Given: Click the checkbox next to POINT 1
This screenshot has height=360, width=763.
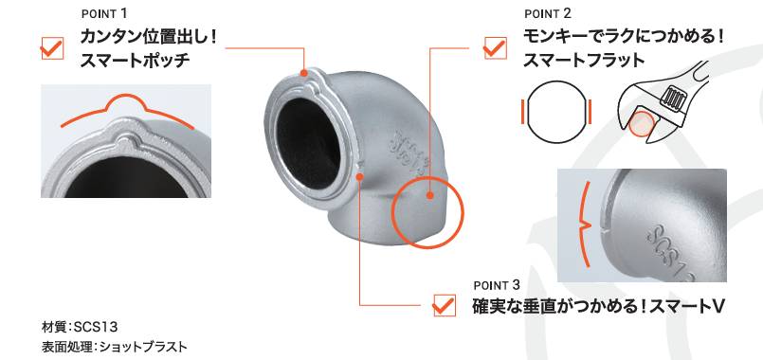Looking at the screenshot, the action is coord(52,48).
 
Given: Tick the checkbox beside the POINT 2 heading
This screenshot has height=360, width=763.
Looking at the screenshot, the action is coord(496,48).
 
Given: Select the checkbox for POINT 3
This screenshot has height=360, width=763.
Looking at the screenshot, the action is coord(444,305).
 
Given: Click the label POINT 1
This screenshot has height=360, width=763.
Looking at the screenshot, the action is coord(104,13).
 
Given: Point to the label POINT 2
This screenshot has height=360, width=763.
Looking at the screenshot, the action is coord(548,13).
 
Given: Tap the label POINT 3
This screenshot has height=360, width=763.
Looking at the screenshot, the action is coord(497,285).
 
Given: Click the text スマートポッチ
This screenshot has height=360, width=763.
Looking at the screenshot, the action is coord(135,62).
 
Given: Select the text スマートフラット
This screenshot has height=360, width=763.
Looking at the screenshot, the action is coord(584,61).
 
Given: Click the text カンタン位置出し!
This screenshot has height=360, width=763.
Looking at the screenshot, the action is coord(148,38).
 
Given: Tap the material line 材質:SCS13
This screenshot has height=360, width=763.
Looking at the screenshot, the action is coord(81,325).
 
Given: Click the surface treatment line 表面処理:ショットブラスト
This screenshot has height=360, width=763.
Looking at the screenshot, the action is coord(115,347).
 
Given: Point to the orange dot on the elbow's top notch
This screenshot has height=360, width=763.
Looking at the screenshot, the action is coord(303,73).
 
